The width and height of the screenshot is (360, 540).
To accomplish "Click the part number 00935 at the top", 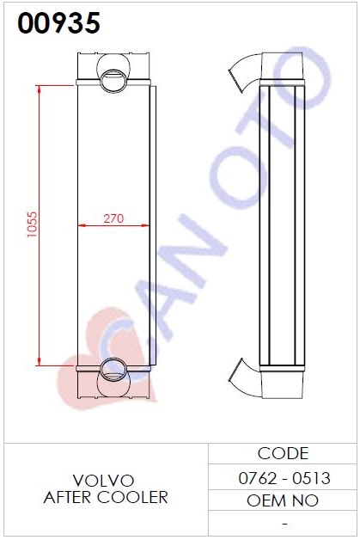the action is pos(58,22).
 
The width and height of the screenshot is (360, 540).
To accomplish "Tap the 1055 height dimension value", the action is pos(32,224).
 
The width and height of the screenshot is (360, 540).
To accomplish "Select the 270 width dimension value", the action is pos(113,218).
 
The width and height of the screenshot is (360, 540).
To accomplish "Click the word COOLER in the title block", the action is pos(132,497).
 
